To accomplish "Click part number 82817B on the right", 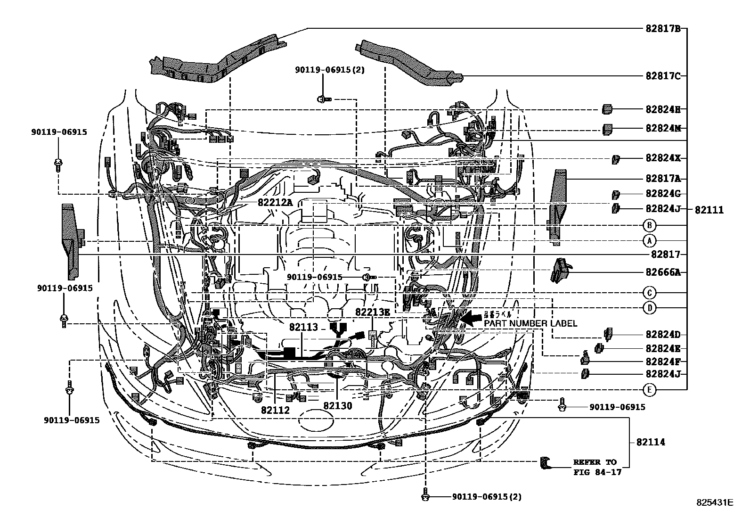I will point(663,28).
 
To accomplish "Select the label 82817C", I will point(663,76).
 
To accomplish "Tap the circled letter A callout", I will point(649,241).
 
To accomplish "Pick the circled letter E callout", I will point(649,389).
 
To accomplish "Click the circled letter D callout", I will point(649,308).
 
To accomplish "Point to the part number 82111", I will point(709,210).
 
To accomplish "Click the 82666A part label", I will point(663,272).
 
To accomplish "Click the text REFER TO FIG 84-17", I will point(595,467).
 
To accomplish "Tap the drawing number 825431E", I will point(715,502).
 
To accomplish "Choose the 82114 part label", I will point(651,442).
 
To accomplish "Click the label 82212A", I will point(275,202).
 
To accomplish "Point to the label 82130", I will point(337,406).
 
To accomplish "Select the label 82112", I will point(276,410).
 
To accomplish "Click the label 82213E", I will point(373,312).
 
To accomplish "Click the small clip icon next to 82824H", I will point(607,109).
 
